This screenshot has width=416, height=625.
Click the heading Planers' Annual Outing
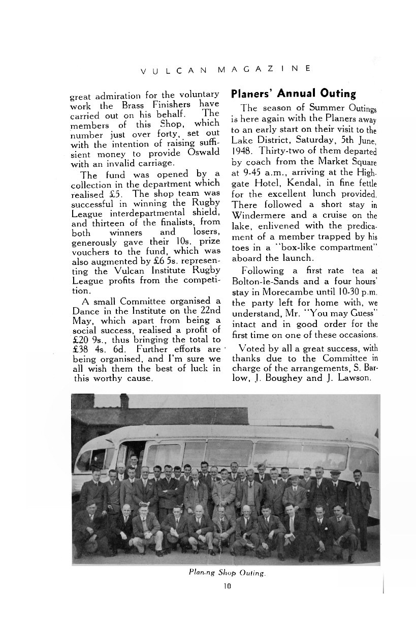(x=293, y=94)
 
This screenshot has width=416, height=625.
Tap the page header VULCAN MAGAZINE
(x=227, y=69)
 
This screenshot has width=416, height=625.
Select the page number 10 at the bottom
(x=227, y=586)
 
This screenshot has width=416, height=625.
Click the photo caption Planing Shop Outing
(x=227, y=573)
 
